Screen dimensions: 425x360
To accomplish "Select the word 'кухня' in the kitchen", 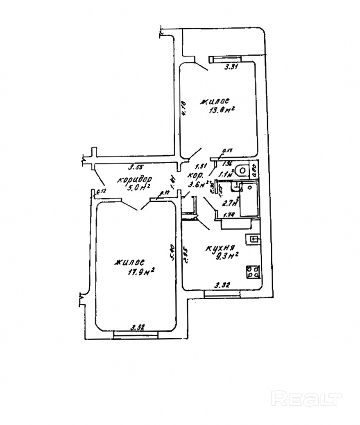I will click(x=220, y=248).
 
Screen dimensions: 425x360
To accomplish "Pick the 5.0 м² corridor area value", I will click(x=138, y=188).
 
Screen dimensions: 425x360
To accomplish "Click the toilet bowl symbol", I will click(x=243, y=169).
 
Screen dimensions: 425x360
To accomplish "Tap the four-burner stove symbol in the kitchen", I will click(x=253, y=272).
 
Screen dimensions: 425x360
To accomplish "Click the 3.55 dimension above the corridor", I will click(x=135, y=167).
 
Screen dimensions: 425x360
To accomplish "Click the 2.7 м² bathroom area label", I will click(x=227, y=201).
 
